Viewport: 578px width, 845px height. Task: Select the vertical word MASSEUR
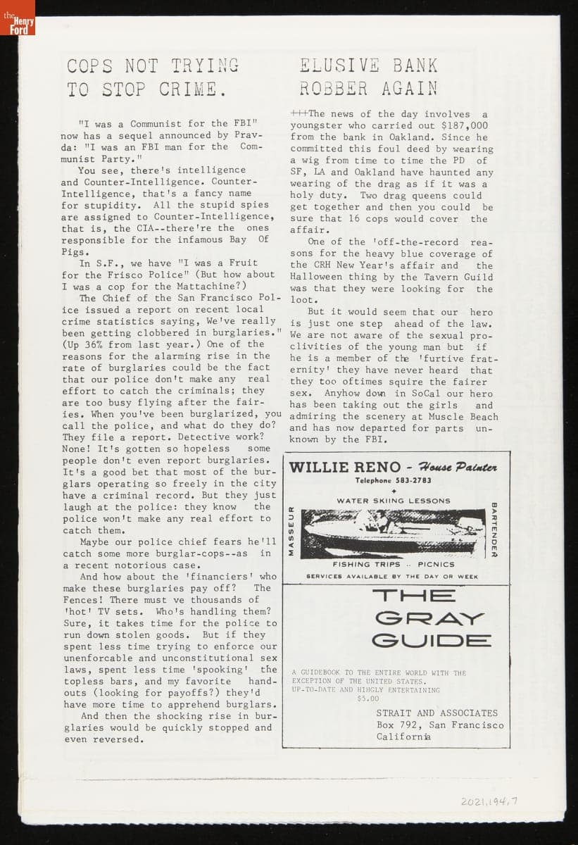pyautogui.click(x=291, y=531)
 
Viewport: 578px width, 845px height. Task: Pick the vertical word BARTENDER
pyautogui.click(x=494, y=530)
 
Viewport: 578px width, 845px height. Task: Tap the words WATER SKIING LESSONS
pyautogui.click(x=394, y=501)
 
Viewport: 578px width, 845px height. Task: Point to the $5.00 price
pyautogui.click(x=367, y=699)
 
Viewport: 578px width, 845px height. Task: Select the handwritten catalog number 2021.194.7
pyautogui.click(x=494, y=801)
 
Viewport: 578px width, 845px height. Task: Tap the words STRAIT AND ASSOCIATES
pyautogui.click(x=436, y=713)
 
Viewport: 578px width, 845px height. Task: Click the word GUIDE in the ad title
pyautogui.click(x=431, y=640)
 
